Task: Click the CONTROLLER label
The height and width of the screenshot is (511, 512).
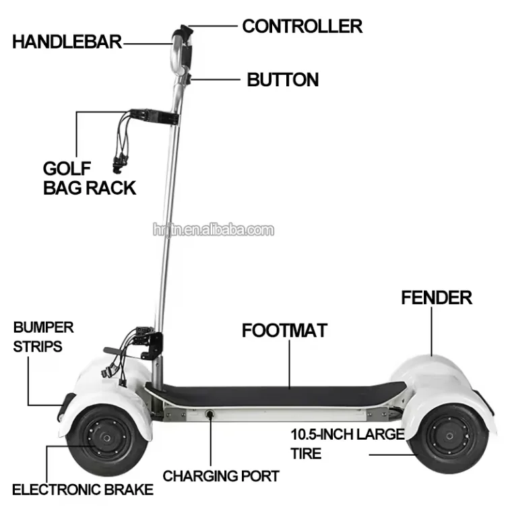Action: tap(302, 26)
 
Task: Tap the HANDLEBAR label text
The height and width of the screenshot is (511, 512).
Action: tap(67, 41)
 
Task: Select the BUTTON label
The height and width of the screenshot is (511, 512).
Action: tap(282, 79)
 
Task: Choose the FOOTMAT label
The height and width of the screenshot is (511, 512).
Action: tap(284, 331)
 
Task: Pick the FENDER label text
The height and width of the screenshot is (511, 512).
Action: tap(437, 298)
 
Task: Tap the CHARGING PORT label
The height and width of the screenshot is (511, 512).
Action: tap(221, 477)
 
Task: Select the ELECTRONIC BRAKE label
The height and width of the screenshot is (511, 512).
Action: tap(83, 489)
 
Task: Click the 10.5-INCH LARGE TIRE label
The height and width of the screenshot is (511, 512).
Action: tap(347, 443)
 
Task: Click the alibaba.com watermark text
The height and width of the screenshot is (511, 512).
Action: tap(213, 230)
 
